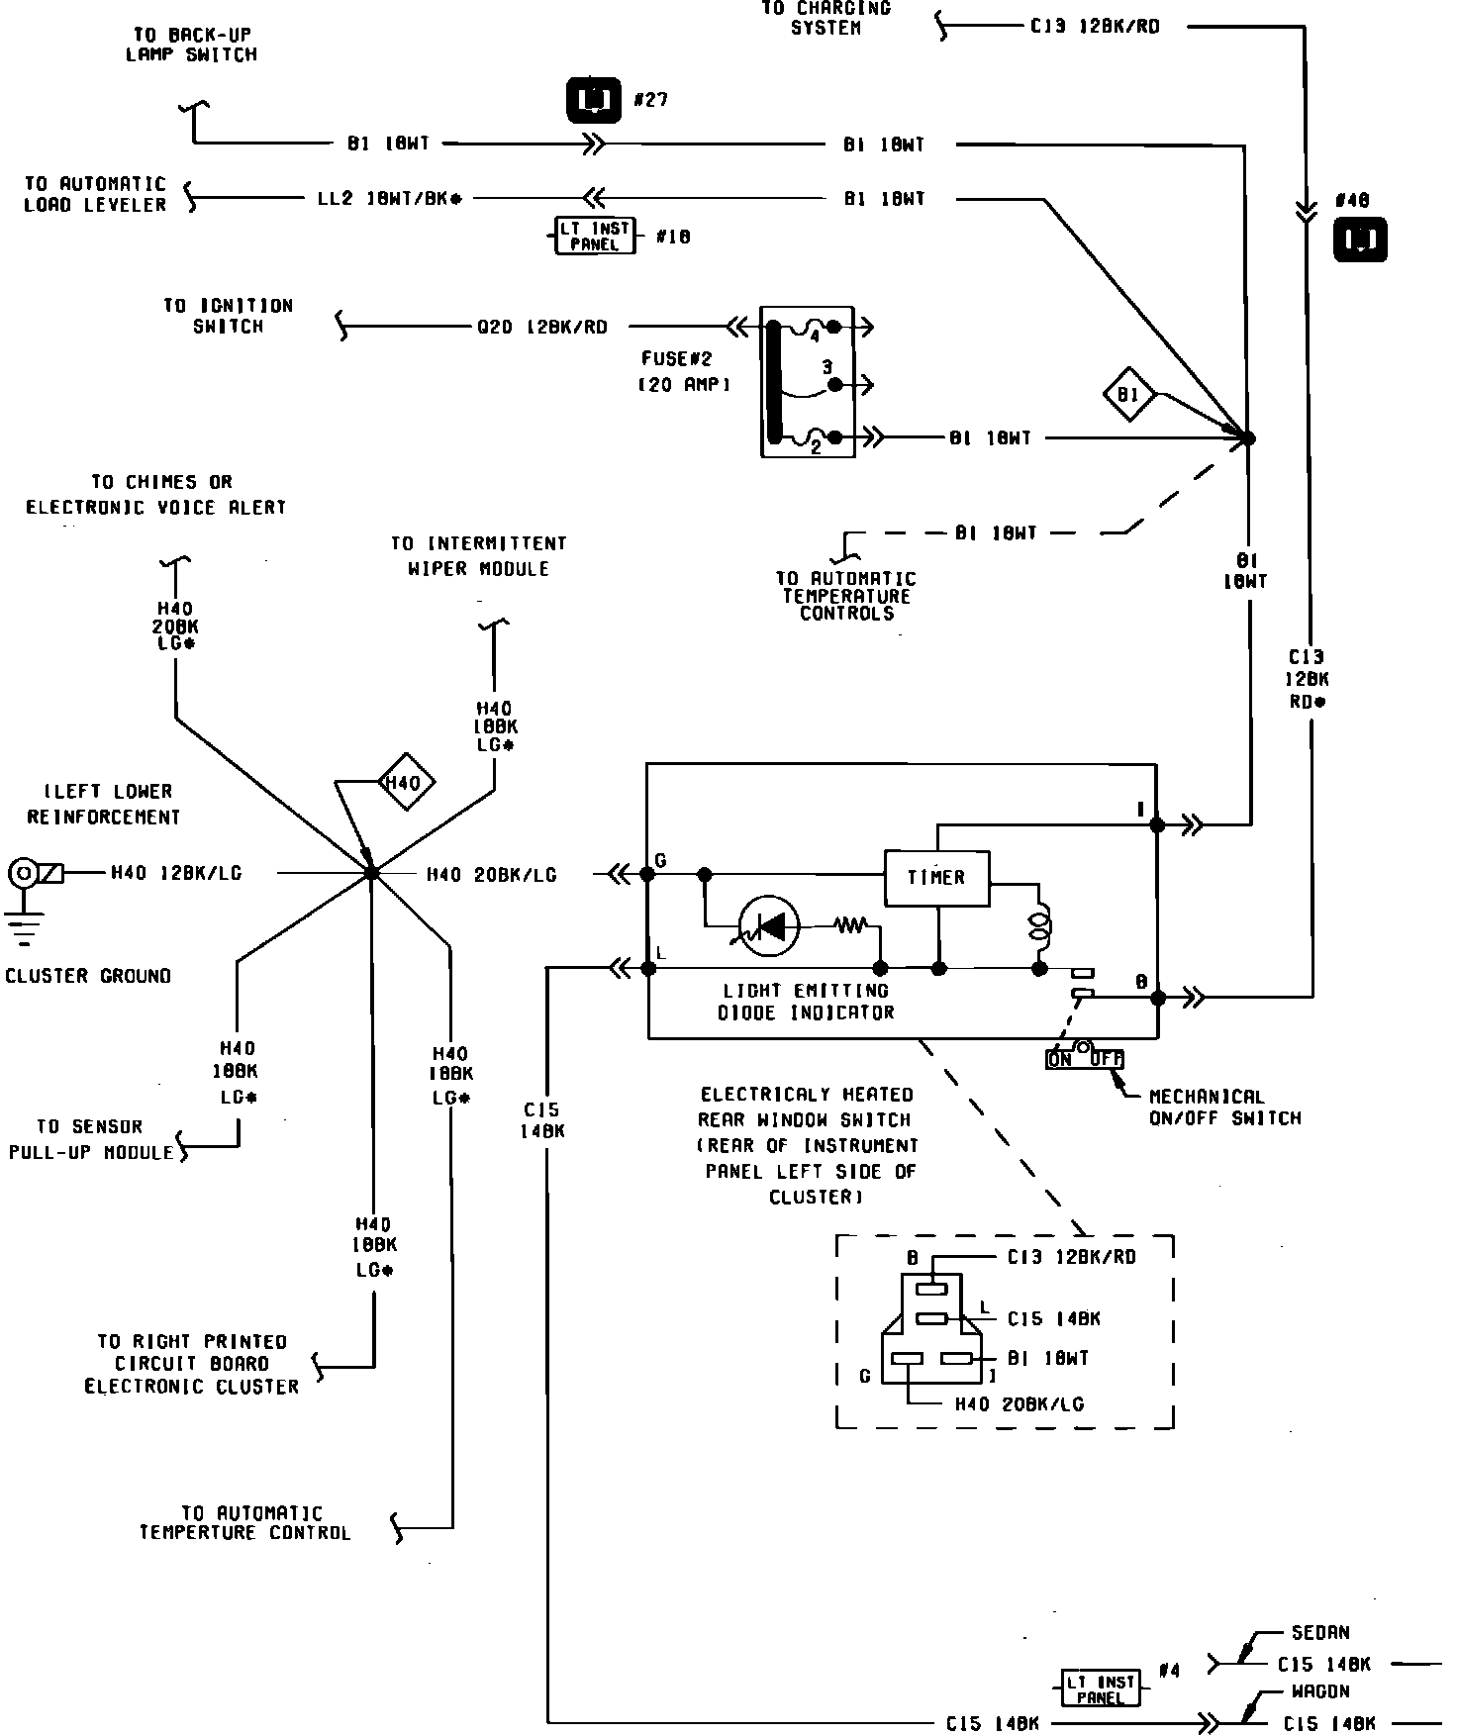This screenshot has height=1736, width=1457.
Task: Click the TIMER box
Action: [x=936, y=877]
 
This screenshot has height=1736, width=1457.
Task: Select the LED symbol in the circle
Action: [x=771, y=926]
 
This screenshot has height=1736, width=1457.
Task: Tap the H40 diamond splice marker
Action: [x=403, y=783]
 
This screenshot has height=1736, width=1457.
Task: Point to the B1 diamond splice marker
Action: [x=1129, y=395]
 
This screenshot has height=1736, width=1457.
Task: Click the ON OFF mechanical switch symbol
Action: [x=1085, y=1058]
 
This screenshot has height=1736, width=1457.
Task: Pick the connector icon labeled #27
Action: [x=594, y=99]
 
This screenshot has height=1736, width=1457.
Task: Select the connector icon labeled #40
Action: [x=1360, y=241]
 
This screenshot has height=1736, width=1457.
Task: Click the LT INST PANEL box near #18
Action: [x=594, y=237]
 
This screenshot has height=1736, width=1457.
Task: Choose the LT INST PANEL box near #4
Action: [x=1100, y=1688]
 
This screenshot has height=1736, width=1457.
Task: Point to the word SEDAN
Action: [x=1320, y=1633]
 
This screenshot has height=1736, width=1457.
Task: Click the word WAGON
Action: [x=1320, y=1691]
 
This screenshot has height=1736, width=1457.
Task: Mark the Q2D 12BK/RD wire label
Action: [x=541, y=327]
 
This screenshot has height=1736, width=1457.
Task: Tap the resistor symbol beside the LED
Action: [x=850, y=925]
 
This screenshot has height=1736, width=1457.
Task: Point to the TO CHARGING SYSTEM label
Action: [x=826, y=18]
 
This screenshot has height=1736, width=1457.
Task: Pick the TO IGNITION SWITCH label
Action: [x=228, y=316]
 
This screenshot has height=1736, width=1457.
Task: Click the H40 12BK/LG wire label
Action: [x=176, y=873]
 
